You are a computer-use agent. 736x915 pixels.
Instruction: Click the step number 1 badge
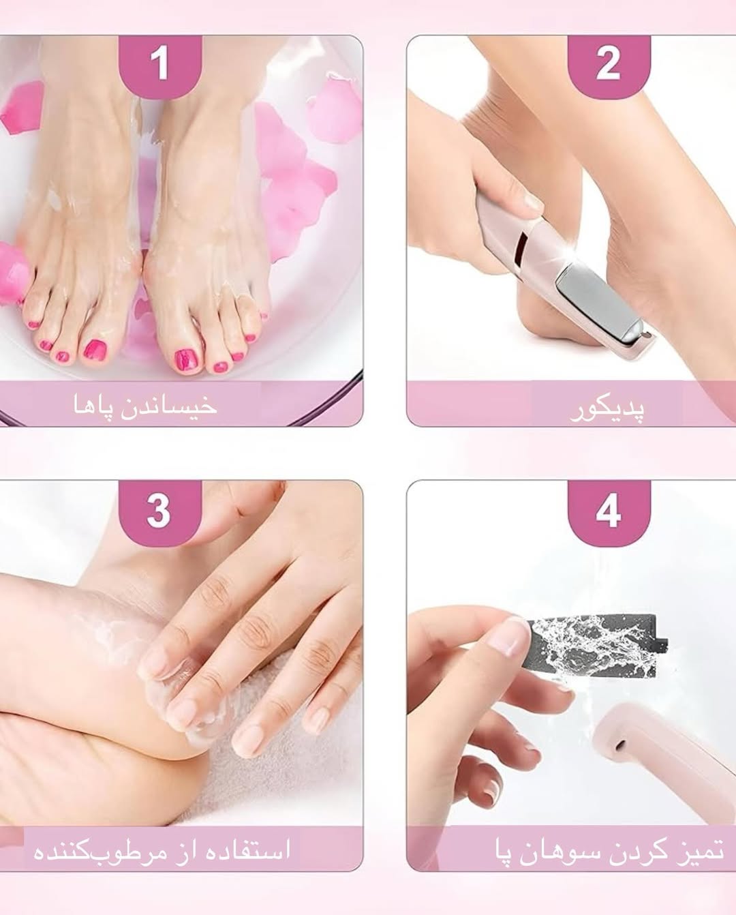click(x=159, y=67)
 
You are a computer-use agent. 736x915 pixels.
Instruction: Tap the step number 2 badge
click(x=609, y=67)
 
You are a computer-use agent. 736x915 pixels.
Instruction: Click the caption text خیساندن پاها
click(x=145, y=405)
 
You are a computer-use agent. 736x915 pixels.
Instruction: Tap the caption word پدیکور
click(x=607, y=409)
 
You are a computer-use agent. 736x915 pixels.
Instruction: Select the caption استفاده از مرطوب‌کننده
click(x=162, y=850)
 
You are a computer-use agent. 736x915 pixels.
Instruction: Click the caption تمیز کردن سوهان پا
click(x=609, y=850)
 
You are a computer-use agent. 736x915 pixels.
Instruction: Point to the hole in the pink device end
click(x=621, y=745)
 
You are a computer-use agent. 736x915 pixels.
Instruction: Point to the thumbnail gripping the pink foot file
click(x=534, y=202)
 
